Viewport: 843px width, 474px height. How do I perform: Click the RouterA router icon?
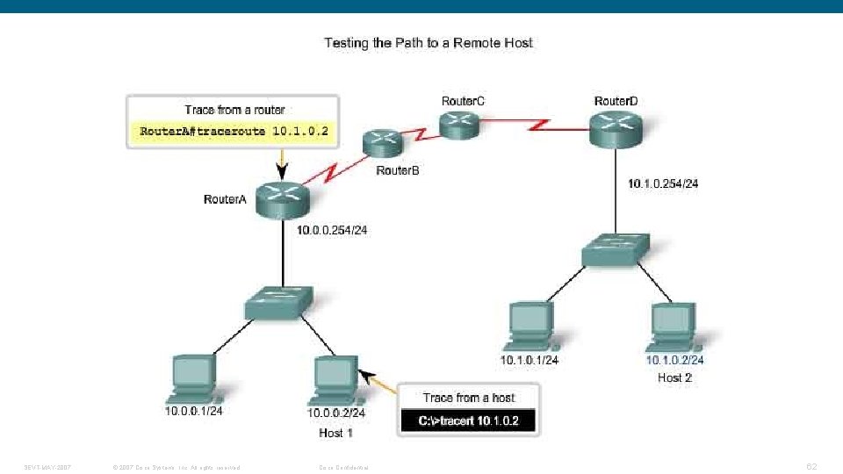(282, 200)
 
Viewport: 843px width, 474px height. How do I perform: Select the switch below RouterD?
(616, 251)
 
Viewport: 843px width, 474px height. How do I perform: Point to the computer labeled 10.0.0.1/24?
(194, 378)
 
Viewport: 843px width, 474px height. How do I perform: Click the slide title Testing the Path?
(429, 42)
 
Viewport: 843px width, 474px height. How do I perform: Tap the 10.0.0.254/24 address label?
(331, 230)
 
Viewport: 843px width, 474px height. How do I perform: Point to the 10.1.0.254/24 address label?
(663, 184)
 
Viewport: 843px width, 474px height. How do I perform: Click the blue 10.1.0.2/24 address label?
(674, 359)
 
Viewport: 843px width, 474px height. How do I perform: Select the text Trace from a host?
(468, 398)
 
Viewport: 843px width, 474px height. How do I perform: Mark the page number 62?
(811, 466)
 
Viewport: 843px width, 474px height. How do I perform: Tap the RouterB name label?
(398, 170)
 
